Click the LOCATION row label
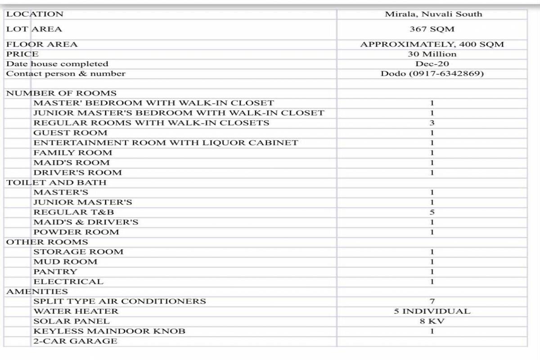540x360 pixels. coord(35,14)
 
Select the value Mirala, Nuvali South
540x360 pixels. coord(433,14)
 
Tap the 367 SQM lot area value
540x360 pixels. coord(432,29)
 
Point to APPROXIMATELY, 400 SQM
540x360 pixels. coord(432,44)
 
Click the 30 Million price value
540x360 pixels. coord(432,54)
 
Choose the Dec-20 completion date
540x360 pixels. coord(432,64)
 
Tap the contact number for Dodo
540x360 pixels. coord(432,74)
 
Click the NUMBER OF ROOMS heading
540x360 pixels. coord(61,94)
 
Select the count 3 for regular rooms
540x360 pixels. coord(432,123)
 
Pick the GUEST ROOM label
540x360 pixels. coord(70,133)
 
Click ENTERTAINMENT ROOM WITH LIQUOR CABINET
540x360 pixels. coord(166,143)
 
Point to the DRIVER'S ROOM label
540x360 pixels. coord(77,172)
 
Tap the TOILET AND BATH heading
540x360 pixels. coord(56,182)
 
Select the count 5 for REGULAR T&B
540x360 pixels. coord(432,212)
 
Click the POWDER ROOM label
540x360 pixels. coord(76,232)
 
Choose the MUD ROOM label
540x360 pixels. coord(65,262)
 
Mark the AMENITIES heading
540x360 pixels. coord(37,292)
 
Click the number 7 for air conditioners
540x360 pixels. coord(432,301)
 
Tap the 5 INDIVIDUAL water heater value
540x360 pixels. coord(432,311)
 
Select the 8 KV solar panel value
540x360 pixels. coord(432,321)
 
